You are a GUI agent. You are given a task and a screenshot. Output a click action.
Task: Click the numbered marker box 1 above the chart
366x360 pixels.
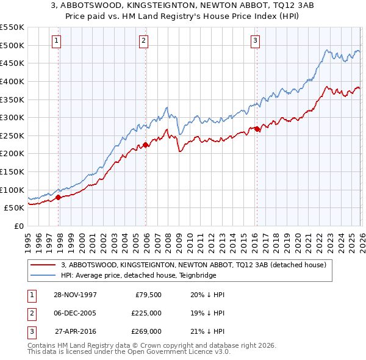(x=56, y=41)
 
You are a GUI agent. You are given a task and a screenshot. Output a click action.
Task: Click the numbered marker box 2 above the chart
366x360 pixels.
(x=143, y=41)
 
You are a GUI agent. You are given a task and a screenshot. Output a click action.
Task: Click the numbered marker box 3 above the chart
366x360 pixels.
(x=255, y=41)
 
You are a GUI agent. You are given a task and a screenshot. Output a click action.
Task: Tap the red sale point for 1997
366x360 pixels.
(x=59, y=197)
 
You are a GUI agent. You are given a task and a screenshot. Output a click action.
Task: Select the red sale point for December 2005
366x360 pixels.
(x=145, y=145)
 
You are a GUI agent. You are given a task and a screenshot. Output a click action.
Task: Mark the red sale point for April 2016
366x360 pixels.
(x=257, y=129)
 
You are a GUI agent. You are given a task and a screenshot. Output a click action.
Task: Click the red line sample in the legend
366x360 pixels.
(x=43, y=265)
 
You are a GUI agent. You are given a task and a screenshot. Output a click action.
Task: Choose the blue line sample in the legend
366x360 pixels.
(x=43, y=275)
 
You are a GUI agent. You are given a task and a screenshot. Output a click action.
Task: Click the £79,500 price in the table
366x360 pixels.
(x=147, y=295)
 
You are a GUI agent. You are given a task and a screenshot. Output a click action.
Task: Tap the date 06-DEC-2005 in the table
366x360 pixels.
(x=75, y=313)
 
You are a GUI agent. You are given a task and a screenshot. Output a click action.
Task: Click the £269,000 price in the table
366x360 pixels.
(x=147, y=331)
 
